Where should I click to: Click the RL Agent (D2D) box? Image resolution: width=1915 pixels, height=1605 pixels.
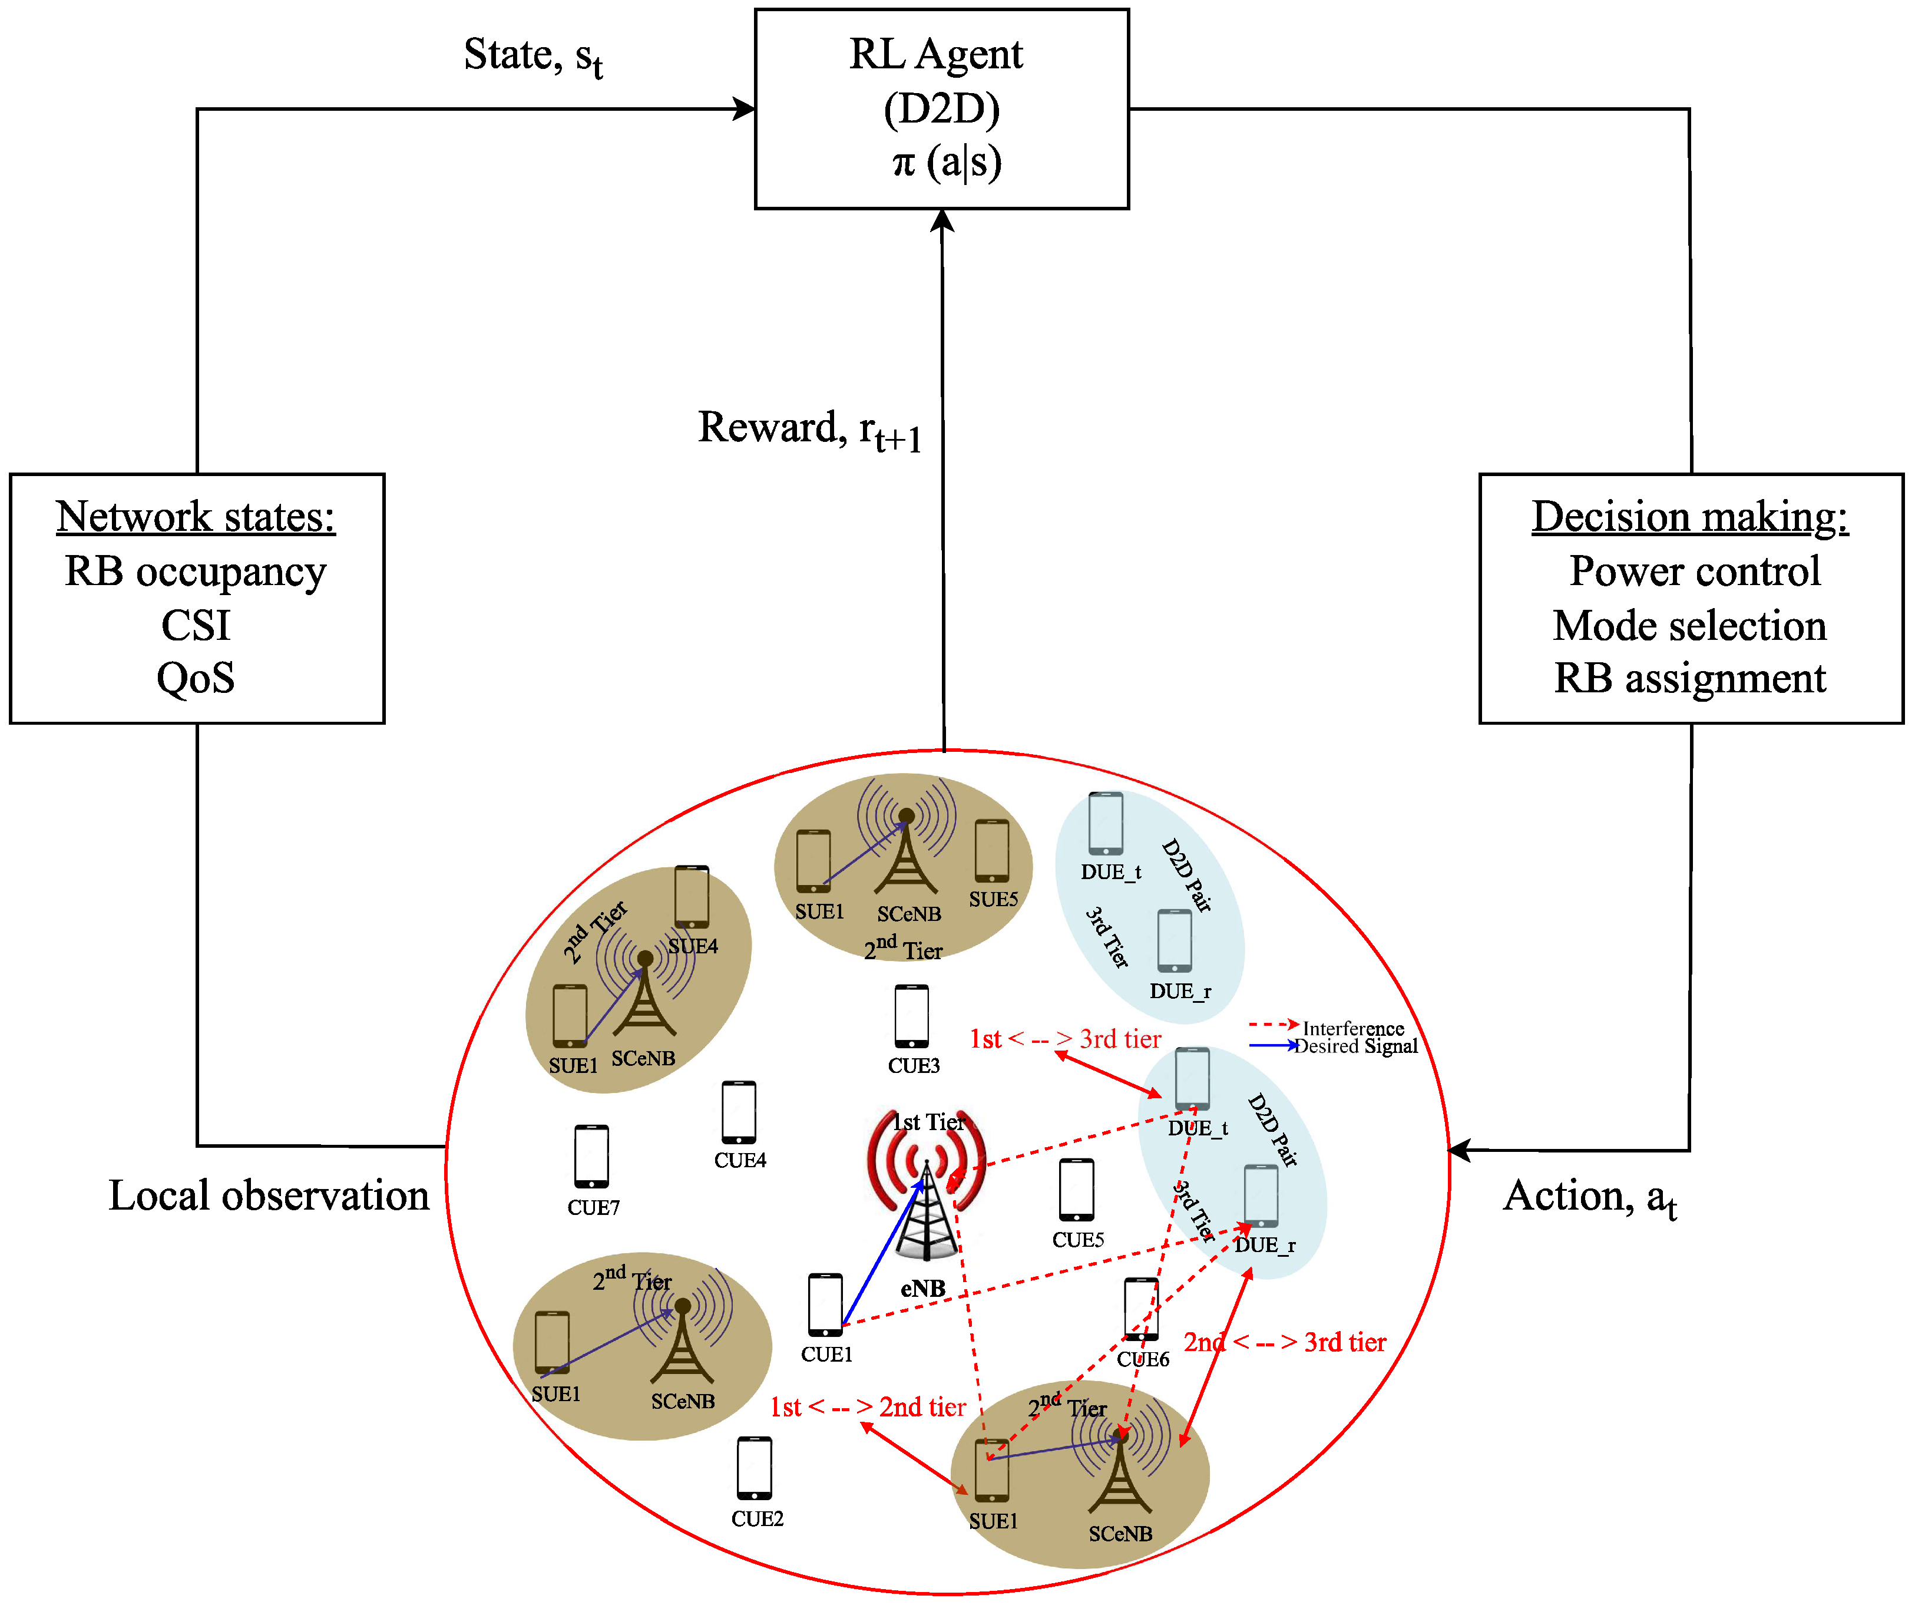(x=941, y=108)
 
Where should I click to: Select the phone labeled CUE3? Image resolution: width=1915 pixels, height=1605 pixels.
(x=911, y=1016)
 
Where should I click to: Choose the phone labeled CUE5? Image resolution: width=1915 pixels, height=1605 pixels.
(x=1076, y=1189)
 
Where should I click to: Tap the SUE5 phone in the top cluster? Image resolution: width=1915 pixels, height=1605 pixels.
(x=992, y=850)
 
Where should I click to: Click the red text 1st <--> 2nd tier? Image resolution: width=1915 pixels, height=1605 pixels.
(x=867, y=1407)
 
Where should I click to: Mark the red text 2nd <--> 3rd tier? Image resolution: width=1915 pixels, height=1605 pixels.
(x=1284, y=1342)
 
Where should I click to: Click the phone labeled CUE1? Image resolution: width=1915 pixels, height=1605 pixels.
(x=825, y=1304)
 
